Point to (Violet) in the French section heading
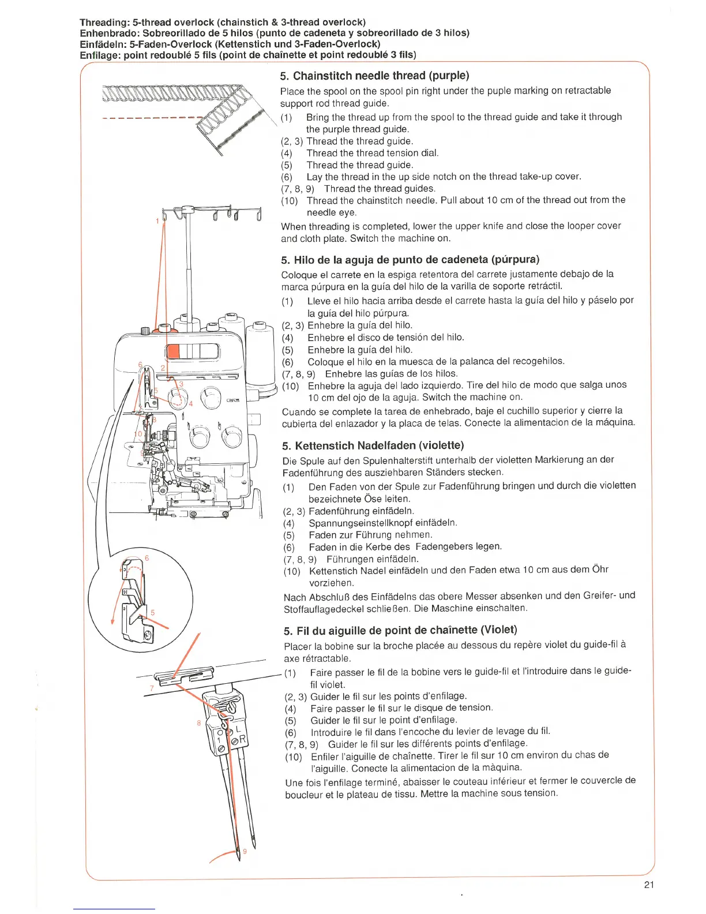[x=499, y=630]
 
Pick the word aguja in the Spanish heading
[x=380, y=260]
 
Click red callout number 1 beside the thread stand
[x=157, y=220]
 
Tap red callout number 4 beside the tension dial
[x=191, y=403]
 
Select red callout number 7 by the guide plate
[x=152, y=688]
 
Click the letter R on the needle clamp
[x=242, y=739]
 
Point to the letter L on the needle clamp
[x=238, y=729]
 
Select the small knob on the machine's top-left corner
[x=145, y=331]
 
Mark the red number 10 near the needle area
[x=138, y=434]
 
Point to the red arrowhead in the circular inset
[x=113, y=621]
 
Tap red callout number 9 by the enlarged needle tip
[x=245, y=851]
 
